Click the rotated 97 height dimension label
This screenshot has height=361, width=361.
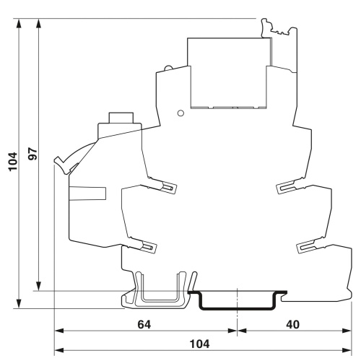(33, 154)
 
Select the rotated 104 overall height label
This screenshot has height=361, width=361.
(13, 162)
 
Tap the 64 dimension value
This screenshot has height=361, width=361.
(144, 325)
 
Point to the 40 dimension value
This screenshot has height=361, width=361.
(293, 325)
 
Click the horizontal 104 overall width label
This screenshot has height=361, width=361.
(200, 344)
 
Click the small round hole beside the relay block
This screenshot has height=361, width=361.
(180, 113)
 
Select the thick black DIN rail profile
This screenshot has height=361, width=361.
(238, 301)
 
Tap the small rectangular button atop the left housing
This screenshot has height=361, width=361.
(121, 118)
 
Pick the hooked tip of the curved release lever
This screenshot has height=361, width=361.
(58, 160)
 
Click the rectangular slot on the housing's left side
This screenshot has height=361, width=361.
(87, 193)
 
